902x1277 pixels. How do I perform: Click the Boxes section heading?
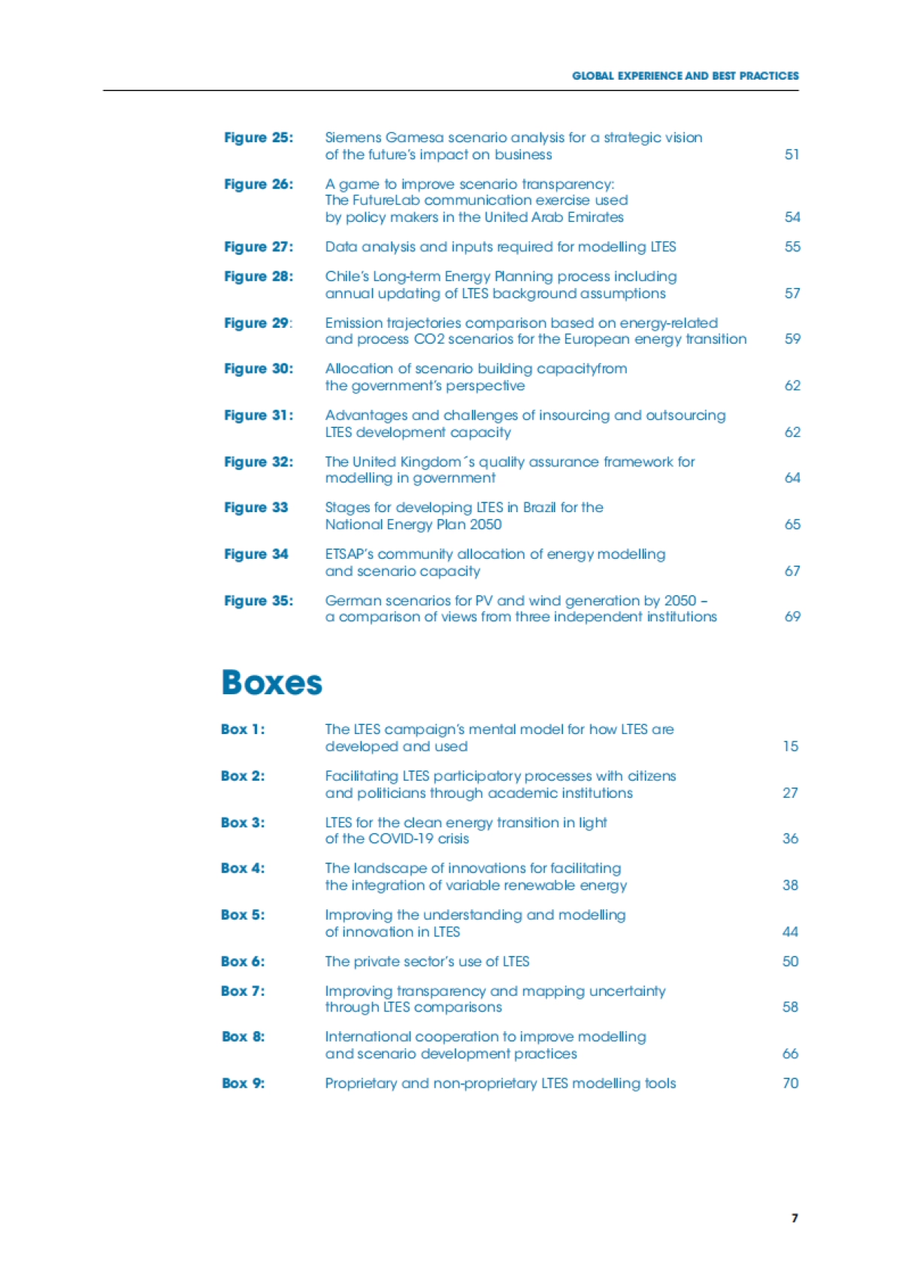[271, 683]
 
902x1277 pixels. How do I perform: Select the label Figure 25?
[259, 138]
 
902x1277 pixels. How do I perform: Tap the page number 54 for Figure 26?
[792, 217]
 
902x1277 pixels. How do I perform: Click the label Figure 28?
[259, 277]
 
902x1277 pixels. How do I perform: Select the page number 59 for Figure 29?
[792, 339]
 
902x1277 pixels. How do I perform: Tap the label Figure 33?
[256, 508]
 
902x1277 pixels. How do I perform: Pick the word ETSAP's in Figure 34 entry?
[350, 554]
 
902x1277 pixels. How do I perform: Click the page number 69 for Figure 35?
[792, 617]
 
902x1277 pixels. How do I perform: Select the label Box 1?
[243, 729]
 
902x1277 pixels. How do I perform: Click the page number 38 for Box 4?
[790, 885]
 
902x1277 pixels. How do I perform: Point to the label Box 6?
[243, 962]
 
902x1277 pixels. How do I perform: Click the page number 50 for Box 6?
[790, 962]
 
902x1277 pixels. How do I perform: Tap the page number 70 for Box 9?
[790, 1084]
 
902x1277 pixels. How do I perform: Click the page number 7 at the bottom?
[795, 1218]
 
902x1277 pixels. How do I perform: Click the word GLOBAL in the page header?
[593, 76]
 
